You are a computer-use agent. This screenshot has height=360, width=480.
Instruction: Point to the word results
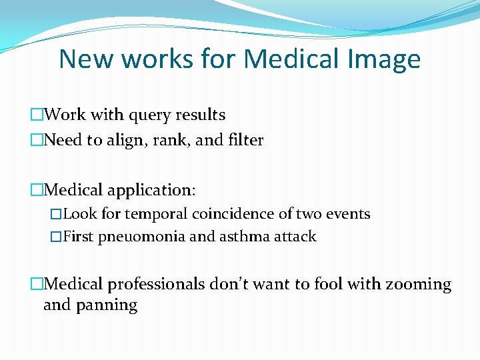point(200,115)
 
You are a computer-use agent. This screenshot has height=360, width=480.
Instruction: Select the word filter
point(245,140)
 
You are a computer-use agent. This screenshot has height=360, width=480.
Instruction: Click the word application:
point(151,191)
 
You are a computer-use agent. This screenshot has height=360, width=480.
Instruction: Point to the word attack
point(293,237)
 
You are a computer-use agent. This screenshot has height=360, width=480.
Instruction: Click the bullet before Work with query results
point(36,115)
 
